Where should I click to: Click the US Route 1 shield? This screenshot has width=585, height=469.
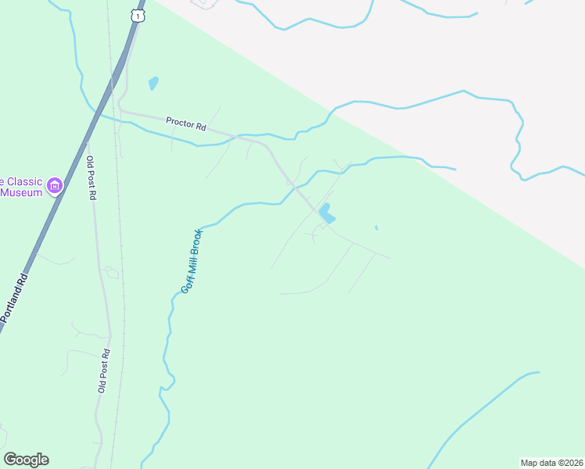pyautogui.click(x=138, y=15)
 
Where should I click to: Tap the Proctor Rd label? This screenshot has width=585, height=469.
pyautogui.click(x=185, y=123)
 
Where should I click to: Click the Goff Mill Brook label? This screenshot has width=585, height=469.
pyautogui.click(x=192, y=261)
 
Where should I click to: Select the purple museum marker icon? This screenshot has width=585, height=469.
pyautogui.click(x=55, y=186)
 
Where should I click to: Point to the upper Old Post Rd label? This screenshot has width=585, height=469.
pyautogui.click(x=91, y=179)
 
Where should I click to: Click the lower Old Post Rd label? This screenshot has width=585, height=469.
pyautogui.click(x=102, y=371)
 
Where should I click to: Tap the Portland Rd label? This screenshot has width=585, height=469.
pyautogui.click(x=15, y=298)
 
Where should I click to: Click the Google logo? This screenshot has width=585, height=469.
pyautogui.click(x=26, y=460)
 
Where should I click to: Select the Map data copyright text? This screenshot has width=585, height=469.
pyautogui.click(x=551, y=462)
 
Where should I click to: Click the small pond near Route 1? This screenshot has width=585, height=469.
pyautogui.click(x=153, y=82)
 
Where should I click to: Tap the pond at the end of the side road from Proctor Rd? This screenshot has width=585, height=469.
pyautogui.click(x=325, y=212)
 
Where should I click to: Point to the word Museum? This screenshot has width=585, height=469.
pyautogui.click(x=21, y=192)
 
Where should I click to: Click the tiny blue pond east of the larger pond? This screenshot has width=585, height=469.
pyautogui.click(x=376, y=227)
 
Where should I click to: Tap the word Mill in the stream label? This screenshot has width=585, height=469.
pyautogui.click(x=191, y=267)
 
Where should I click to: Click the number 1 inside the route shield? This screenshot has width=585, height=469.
pyautogui.click(x=138, y=16)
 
